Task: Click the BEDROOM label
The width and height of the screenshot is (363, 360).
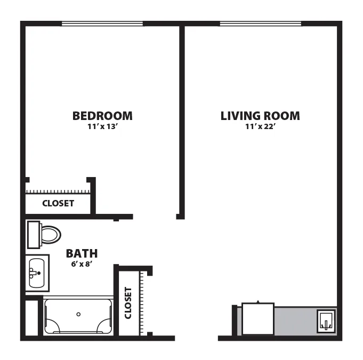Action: click(102, 116)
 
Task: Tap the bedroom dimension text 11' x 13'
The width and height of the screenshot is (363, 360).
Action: click(103, 126)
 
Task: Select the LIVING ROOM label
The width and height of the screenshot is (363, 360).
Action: click(260, 116)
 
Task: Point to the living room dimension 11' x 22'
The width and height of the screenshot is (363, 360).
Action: click(260, 126)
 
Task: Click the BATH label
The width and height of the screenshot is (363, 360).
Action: click(82, 253)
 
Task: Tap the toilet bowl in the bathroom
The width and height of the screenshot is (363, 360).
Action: click(51, 235)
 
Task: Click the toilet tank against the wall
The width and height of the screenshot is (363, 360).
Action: click(34, 235)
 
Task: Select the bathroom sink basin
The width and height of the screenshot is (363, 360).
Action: click(37, 273)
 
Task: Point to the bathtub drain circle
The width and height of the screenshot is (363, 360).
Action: click(78, 314)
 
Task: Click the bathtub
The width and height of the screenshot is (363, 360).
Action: click(78, 316)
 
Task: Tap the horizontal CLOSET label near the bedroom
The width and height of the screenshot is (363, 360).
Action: click(58, 203)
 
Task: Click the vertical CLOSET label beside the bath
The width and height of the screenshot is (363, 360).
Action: click(128, 303)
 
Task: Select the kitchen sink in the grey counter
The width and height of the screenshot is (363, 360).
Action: click(326, 321)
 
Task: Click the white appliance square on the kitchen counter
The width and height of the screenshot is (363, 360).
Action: click(258, 319)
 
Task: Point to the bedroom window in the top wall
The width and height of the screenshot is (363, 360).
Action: click(102, 23)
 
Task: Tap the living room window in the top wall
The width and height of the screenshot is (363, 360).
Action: click(261, 23)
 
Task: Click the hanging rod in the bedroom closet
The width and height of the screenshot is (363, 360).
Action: click(58, 192)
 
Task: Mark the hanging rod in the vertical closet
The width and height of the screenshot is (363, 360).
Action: click(141, 303)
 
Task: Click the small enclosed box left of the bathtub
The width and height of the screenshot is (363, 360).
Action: click(31, 318)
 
